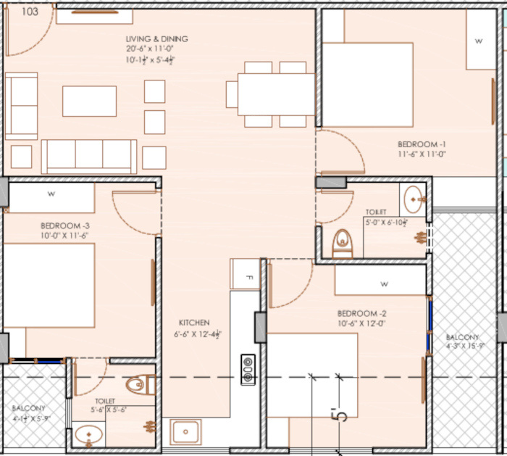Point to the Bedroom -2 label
coord(361,313)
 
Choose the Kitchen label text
coord(194,323)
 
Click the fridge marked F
coord(245,277)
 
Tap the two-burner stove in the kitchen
coord(248,368)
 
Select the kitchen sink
coord(185,433)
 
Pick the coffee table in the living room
coord(89,101)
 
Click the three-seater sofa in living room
coord(89,156)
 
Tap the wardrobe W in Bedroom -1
coord(478,41)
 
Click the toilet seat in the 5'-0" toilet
coord(342,243)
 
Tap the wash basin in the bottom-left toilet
coord(88,436)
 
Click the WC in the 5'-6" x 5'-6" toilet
coord(140,384)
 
